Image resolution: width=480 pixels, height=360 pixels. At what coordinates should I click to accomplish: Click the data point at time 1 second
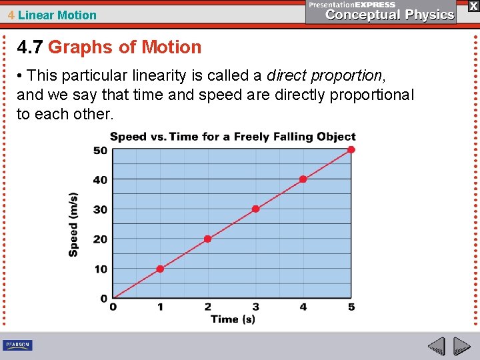pos(160,269)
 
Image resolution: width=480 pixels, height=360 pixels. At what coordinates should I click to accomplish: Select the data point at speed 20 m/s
pos(207,239)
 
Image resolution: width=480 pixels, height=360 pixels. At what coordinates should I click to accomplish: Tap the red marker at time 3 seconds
pos(255,209)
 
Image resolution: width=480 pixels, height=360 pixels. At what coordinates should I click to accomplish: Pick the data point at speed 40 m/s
pos(303,179)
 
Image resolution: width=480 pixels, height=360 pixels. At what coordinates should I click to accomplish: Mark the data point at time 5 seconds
pos(351,149)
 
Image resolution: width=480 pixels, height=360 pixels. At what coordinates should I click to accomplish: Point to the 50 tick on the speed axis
pos(100,150)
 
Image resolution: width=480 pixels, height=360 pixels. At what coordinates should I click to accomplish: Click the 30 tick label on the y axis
pos(100,209)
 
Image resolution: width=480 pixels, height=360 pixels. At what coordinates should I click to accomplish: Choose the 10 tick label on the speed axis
pos(100,269)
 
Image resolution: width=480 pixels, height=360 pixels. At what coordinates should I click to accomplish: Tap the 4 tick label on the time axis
pos(303,307)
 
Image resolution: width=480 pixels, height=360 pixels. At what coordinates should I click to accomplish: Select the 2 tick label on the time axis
pos(208,307)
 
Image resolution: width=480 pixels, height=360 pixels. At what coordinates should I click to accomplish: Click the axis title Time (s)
pos(233,319)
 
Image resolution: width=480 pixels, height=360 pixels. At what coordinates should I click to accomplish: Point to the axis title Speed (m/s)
pos(73,224)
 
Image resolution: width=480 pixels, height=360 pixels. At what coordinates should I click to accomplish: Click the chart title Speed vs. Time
pos(233,137)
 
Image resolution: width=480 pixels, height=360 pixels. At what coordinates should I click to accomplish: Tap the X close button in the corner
pos(473,5)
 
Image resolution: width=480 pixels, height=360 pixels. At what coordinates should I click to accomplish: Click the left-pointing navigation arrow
pos(436,346)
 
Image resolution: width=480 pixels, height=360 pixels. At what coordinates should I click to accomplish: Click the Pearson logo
pos(17,345)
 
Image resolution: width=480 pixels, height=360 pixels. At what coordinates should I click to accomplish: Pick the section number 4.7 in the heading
pos(30,47)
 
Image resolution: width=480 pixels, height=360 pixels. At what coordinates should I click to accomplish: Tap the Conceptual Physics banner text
pos(390,15)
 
